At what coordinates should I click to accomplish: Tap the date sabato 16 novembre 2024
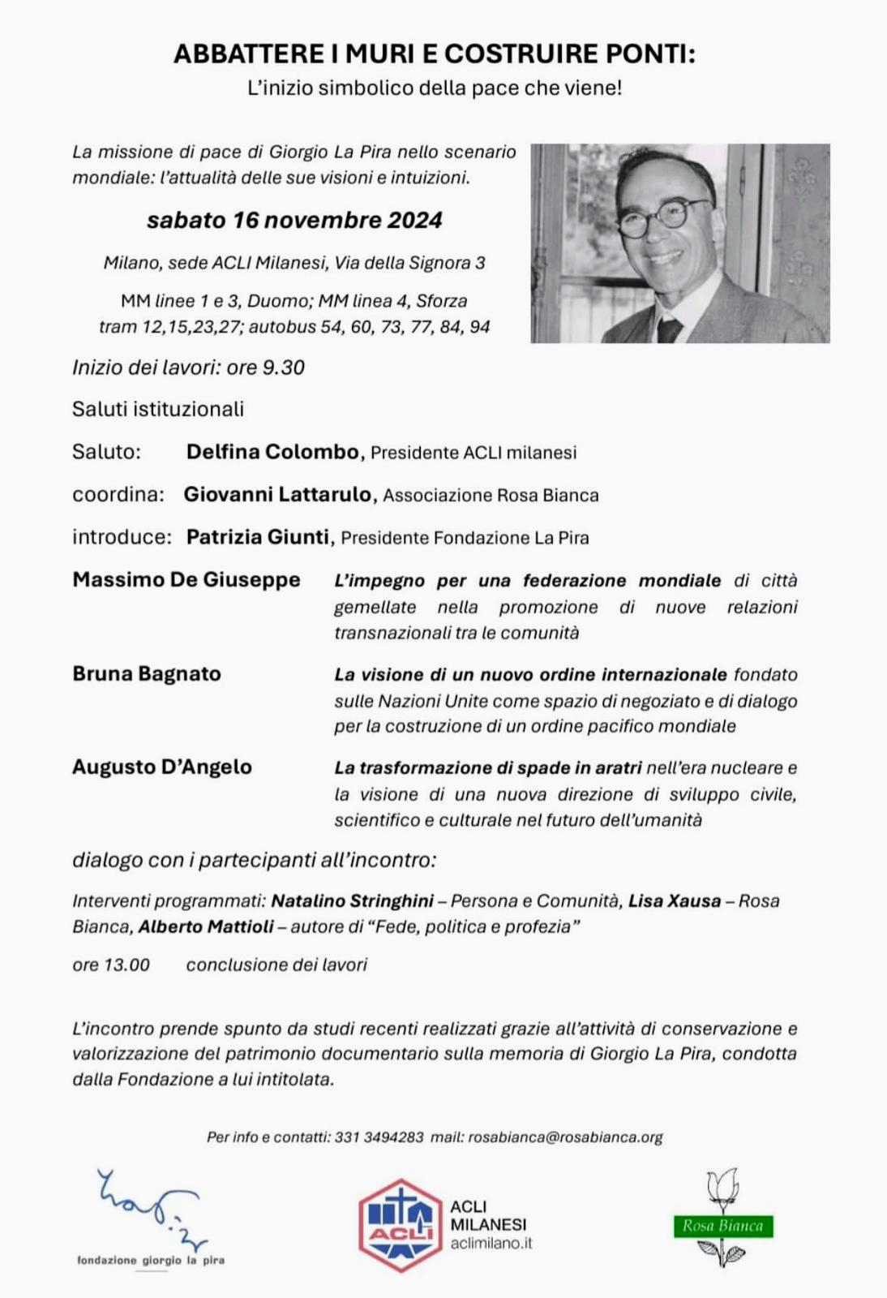pyautogui.click(x=294, y=220)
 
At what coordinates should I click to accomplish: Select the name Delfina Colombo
pyautogui.click(x=272, y=452)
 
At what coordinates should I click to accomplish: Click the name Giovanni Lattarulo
pyautogui.click(x=277, y=494)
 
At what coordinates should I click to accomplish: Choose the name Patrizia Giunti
pyautogui.click(x=257, y=537)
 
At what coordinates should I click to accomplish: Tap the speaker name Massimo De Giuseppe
pyautogui.click(x=186, y=580)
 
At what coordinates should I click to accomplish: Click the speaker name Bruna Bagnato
pyautogui.click(x=147, y=673)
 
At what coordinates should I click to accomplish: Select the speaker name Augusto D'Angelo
pyautogui.click(x=162, y=767)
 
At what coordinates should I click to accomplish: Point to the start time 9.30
pyautogui.click(x=283, y=367)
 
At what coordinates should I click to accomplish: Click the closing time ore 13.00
pyautogui.click(x=111, y=965)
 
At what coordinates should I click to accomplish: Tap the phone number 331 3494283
pyautogui.click(x=379, y=1137)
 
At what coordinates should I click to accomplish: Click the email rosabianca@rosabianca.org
pyautogui.click(x=565, y=1137)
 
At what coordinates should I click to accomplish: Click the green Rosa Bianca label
pyautogui.click(x=723, y=1226)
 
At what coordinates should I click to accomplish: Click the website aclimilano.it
pyautogui.click(x=491, y=1243)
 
